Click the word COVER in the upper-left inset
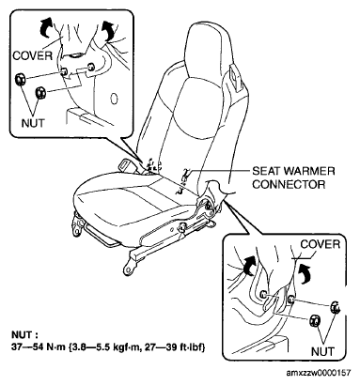(33, 56)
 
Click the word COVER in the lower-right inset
(321, 244)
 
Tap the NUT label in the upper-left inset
(33, 123)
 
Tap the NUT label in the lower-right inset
(322, 351)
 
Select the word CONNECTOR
(289, 184)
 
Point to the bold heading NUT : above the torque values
(24, 334)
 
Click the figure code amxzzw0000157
(319, 373)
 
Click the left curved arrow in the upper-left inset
(46, 27)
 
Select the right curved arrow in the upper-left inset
(108, 30)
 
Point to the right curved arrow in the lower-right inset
(305, 271)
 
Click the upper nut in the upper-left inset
(21, 79)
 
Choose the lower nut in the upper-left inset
(40, 93)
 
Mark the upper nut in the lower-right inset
(336, 307)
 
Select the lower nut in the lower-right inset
(315, 321)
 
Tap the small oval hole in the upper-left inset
(115, 99)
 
